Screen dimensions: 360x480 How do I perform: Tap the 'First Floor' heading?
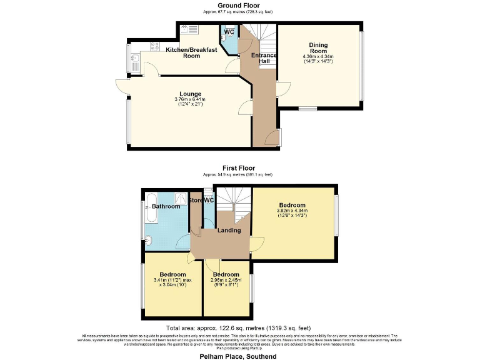(238, 168)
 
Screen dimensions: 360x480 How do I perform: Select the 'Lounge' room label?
(191, 94)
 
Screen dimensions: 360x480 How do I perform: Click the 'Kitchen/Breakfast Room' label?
(191, 52)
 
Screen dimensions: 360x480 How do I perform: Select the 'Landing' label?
(229, 230)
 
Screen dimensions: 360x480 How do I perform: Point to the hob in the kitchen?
(189, 29)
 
